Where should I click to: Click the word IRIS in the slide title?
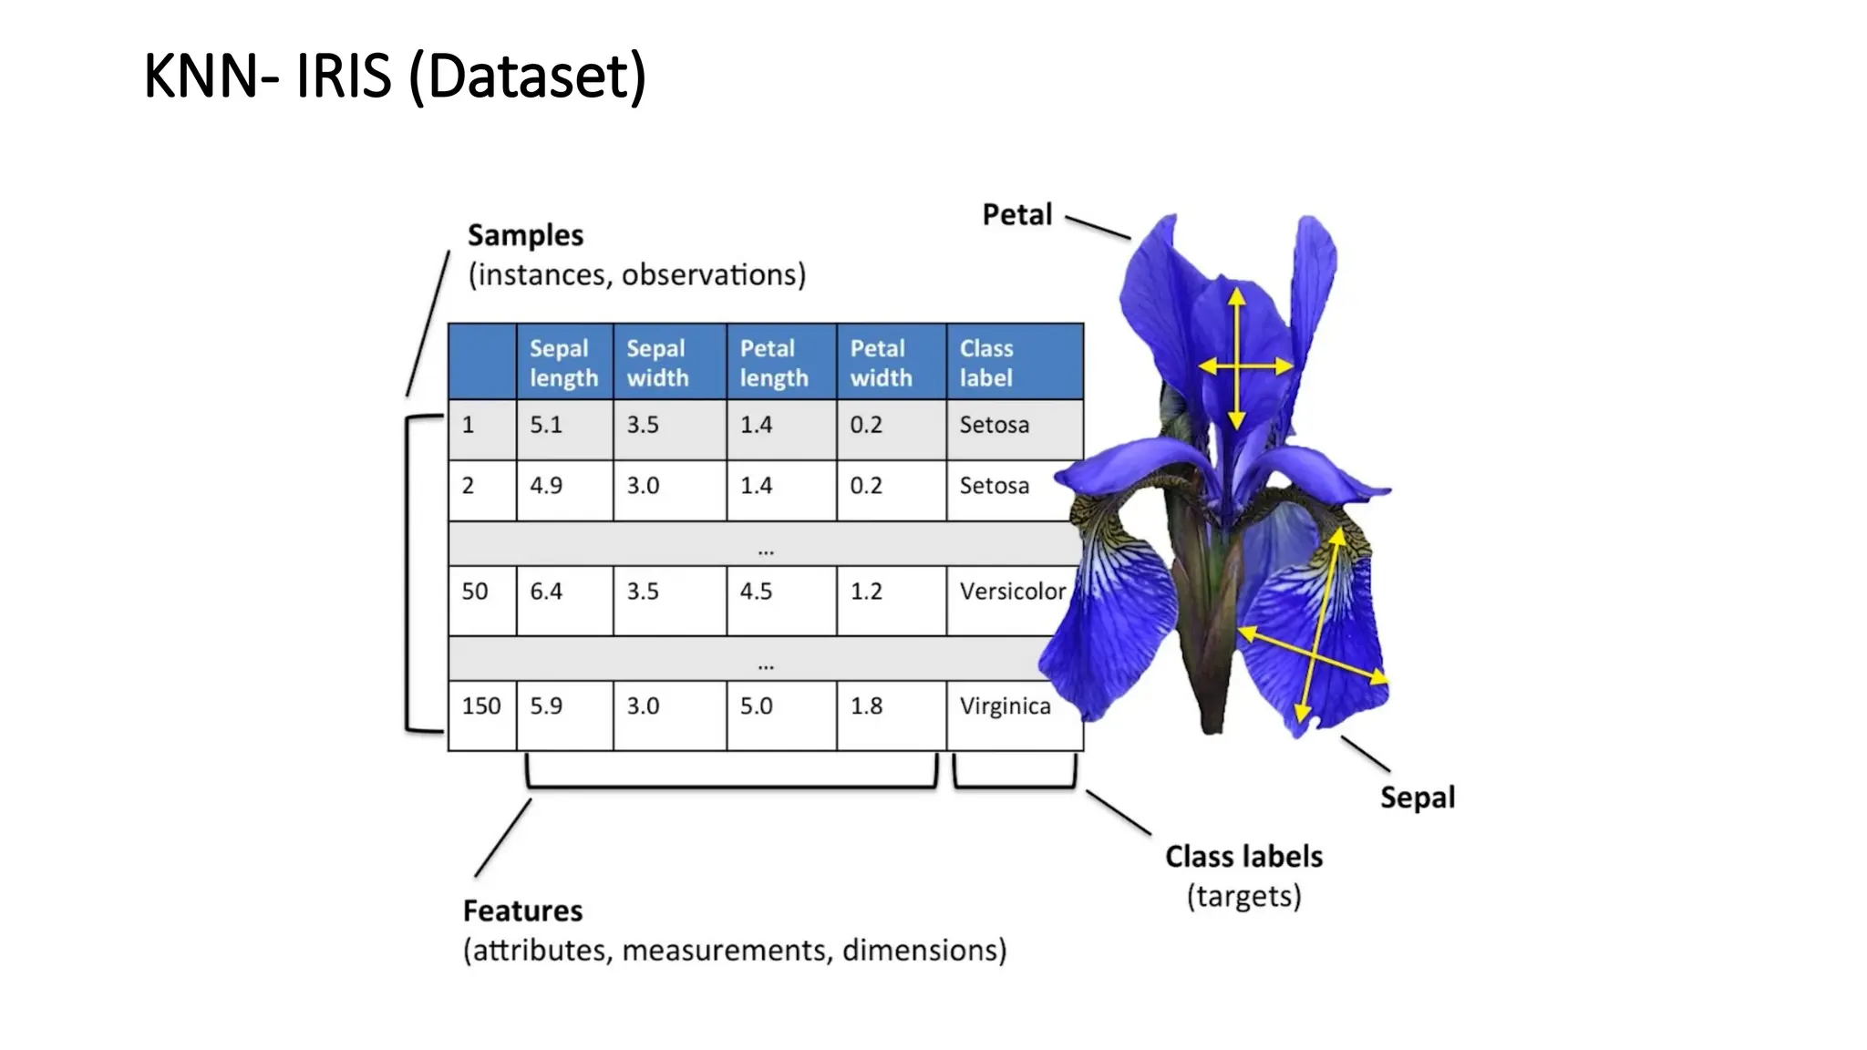tap(344, 77)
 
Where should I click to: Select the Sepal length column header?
tap(563, 363)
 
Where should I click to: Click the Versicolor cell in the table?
tap(1012, 592)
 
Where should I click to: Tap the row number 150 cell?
tap(481, 706)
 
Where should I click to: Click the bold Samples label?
tap(525, 235)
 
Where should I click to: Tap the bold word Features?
tap(522, 911)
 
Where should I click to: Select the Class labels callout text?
tap(1243, 857)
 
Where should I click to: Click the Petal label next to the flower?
tap(1017, 215)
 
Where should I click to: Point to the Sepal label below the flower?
tap(1417, 798)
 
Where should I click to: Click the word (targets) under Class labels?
tap(1243, 897)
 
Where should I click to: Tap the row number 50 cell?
tap(475, 592)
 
